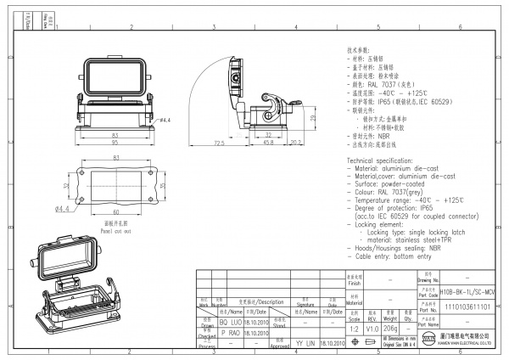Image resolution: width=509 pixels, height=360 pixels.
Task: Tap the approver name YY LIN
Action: pos(305,343)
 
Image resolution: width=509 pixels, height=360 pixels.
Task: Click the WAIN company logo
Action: pos(428,342)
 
